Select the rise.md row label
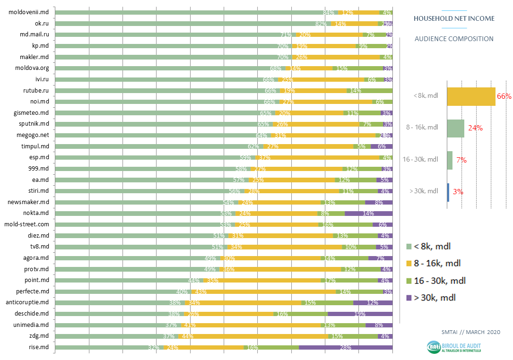click(x=40, y=347)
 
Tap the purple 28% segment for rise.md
click(x=345, y=347)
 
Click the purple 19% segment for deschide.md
click(x=360, y=314)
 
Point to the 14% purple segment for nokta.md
click(x=368, y=213)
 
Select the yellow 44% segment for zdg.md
click(x=253, y=336)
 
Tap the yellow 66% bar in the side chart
click(x=471, y=96)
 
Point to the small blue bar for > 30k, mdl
click(x=448, y=192)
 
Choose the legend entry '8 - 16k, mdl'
click(x=437, y=264)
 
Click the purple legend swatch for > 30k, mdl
click(x=409, y=298)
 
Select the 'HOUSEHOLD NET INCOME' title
click(x=454, y=18)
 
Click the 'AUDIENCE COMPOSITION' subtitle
click(x=454, y=39)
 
